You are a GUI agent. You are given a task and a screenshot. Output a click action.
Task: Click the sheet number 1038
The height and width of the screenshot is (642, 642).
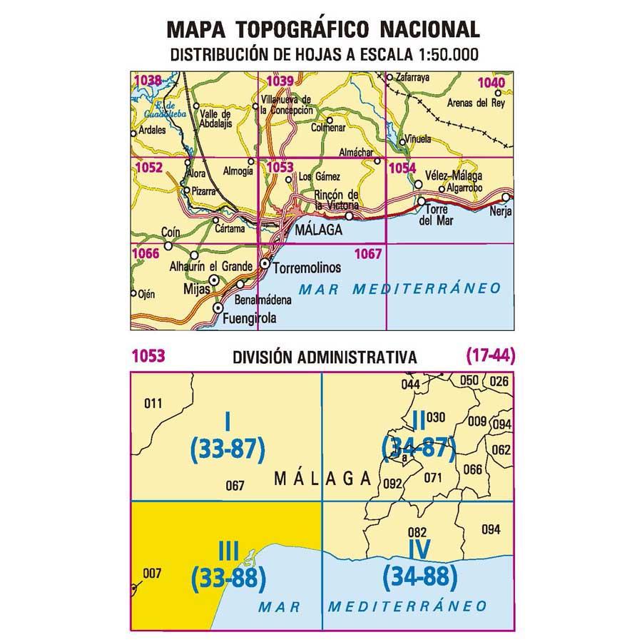147,81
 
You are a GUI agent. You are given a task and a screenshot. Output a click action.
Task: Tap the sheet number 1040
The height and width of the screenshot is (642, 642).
491,83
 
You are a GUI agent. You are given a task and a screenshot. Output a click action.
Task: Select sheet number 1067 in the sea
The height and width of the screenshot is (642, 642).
368,253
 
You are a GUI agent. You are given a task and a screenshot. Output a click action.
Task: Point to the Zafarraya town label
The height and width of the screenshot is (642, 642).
412,78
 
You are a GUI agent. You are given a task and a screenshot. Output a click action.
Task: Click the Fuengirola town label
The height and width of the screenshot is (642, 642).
249,319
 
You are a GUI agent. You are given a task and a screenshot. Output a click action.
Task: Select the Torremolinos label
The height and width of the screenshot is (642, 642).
307,267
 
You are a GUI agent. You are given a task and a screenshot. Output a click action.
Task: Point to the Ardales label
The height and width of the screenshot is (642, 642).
152,131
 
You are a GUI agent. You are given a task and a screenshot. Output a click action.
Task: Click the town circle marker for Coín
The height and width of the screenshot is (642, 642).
168,246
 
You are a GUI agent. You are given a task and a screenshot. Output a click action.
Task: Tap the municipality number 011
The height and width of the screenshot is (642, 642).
153,404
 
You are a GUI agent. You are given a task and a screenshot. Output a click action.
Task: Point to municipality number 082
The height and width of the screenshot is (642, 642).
417,531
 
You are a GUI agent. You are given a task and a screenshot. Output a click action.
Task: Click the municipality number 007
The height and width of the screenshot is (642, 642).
152,572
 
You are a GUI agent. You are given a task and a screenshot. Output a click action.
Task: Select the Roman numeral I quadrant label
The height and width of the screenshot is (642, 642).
227,423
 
